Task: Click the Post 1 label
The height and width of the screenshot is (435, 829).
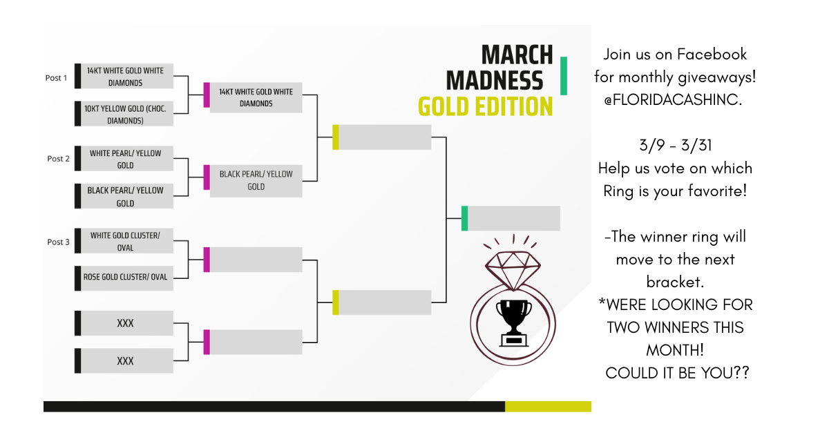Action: (x=56, y=78)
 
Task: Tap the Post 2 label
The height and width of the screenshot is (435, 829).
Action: (x=58, y=159)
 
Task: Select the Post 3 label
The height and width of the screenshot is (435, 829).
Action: (x=58, y=242)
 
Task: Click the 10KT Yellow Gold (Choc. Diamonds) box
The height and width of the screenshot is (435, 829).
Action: (x=125, y=115)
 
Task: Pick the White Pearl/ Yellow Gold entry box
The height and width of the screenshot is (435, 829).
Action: (x=125, y=159)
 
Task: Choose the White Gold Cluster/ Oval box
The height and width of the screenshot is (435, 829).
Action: (x=125, y=242)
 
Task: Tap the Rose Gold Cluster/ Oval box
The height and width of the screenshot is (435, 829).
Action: (x=125, y=278)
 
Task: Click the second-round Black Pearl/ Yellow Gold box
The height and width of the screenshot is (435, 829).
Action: (x=256, y=180)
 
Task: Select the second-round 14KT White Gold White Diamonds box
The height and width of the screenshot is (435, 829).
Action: (x=256, y=97)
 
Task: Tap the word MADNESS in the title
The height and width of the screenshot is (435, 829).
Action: (x=495, y=81)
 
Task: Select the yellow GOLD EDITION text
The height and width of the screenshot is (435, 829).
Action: (x=485, y=106)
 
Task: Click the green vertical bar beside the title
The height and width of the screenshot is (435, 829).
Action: (x=563, y=76)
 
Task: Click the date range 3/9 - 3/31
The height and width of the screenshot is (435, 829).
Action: (x=674, y=146)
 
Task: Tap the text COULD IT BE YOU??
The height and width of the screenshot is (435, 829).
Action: (x=677, y=373)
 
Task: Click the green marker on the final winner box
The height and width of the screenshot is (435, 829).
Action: (x=464, y=218)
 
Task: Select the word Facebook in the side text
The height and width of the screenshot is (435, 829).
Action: (x=712, y=55)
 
